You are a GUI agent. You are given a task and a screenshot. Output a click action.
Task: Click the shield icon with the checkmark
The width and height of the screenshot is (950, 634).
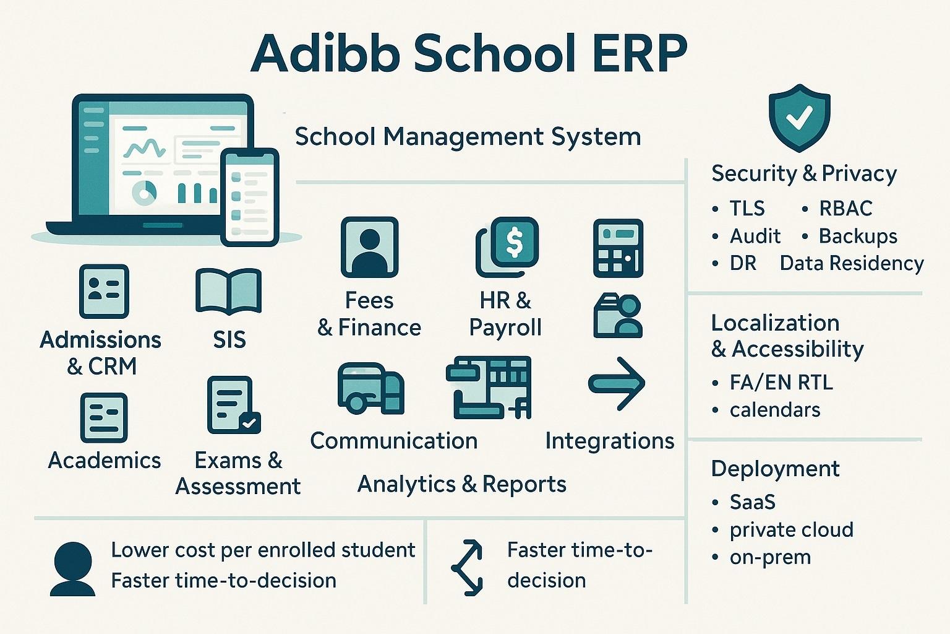tap(799, 118)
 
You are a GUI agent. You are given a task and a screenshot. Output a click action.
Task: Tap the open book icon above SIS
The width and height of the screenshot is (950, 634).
tap(228, 290)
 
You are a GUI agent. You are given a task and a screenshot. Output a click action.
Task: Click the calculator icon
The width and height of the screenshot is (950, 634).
tap(618, 248)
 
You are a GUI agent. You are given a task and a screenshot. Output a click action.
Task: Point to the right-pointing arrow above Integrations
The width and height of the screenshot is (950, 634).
tap(617, 384)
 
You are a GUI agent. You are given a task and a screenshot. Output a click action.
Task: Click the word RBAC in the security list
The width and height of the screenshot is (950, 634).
tap(845, 209)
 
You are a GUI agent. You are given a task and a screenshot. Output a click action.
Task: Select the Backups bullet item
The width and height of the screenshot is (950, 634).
tap(858, 236)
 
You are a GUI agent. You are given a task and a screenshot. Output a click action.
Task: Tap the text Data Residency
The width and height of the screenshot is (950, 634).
tap(852, 263)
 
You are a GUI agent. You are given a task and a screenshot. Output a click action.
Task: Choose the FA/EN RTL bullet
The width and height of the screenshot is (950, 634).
tap(781, 382)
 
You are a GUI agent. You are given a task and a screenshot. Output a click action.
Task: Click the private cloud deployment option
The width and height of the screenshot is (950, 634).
tap(791, 529)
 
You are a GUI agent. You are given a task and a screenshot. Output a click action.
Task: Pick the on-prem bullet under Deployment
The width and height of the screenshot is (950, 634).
tap(770, 557)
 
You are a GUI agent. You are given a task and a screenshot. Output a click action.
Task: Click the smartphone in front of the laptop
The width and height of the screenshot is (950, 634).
tap(250, 197)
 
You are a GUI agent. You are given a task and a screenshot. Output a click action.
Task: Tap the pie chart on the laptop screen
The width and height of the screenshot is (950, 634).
tap(145, 193)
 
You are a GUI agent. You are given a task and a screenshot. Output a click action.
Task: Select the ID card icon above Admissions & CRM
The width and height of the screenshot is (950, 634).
tap(104, 291)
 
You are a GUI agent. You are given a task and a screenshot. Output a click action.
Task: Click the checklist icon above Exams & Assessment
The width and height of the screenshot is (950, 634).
tap(233, 405)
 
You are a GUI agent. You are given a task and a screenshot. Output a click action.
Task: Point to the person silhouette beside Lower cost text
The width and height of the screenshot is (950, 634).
tap(73, 569)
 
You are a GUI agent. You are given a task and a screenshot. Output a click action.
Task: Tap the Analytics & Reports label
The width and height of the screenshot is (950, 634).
tap(461, 484)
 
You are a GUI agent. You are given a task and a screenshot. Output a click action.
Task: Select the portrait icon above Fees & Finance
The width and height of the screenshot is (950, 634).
tap(369, 246)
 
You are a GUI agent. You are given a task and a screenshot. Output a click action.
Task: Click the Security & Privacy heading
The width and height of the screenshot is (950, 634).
tap(803, 173)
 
